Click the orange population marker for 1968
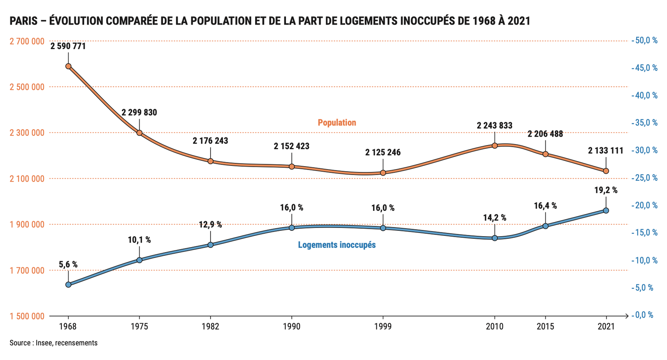(x=68, y=66)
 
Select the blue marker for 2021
(x=606, y=210)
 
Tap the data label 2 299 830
(x=139, y=112)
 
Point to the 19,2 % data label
(x=606, y=190)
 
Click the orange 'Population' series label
(x=337, y=122)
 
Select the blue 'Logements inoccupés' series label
(x=337, y=245)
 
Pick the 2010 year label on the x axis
(x=494, y=326)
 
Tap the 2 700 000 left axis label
(x=27, y=41)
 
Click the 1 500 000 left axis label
(x=27, y=316)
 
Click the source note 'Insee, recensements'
(x=66, y=343)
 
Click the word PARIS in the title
(x=23, y=21)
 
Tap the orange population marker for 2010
(x=494, y=145)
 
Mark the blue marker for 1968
(x=68, y=285)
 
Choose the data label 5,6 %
(x=68, y=265)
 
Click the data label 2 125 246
(x=383, y=152)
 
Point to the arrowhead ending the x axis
(x=627, y=316)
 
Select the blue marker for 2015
(x=545, y=226)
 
